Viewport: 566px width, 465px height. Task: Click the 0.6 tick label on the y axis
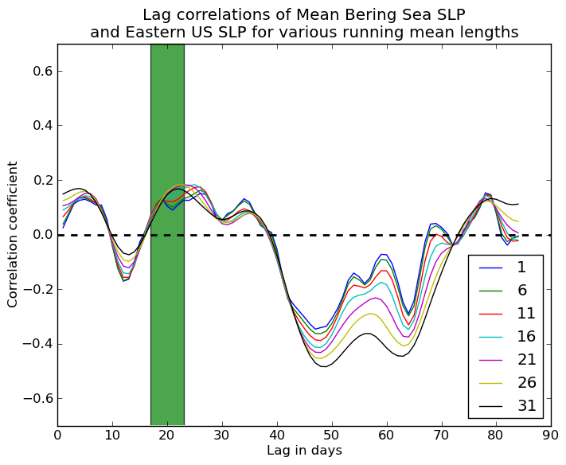[41, 71]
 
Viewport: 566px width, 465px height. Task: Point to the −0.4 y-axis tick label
[37, 344]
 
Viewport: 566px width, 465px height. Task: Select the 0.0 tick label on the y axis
[41, 235]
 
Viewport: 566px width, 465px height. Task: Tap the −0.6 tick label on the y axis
[37, 398]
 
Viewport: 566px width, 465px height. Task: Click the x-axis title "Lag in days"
[303, 451]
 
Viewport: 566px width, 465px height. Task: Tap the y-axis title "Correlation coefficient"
[14, 234]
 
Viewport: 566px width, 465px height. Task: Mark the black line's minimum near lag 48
[325, 366]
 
